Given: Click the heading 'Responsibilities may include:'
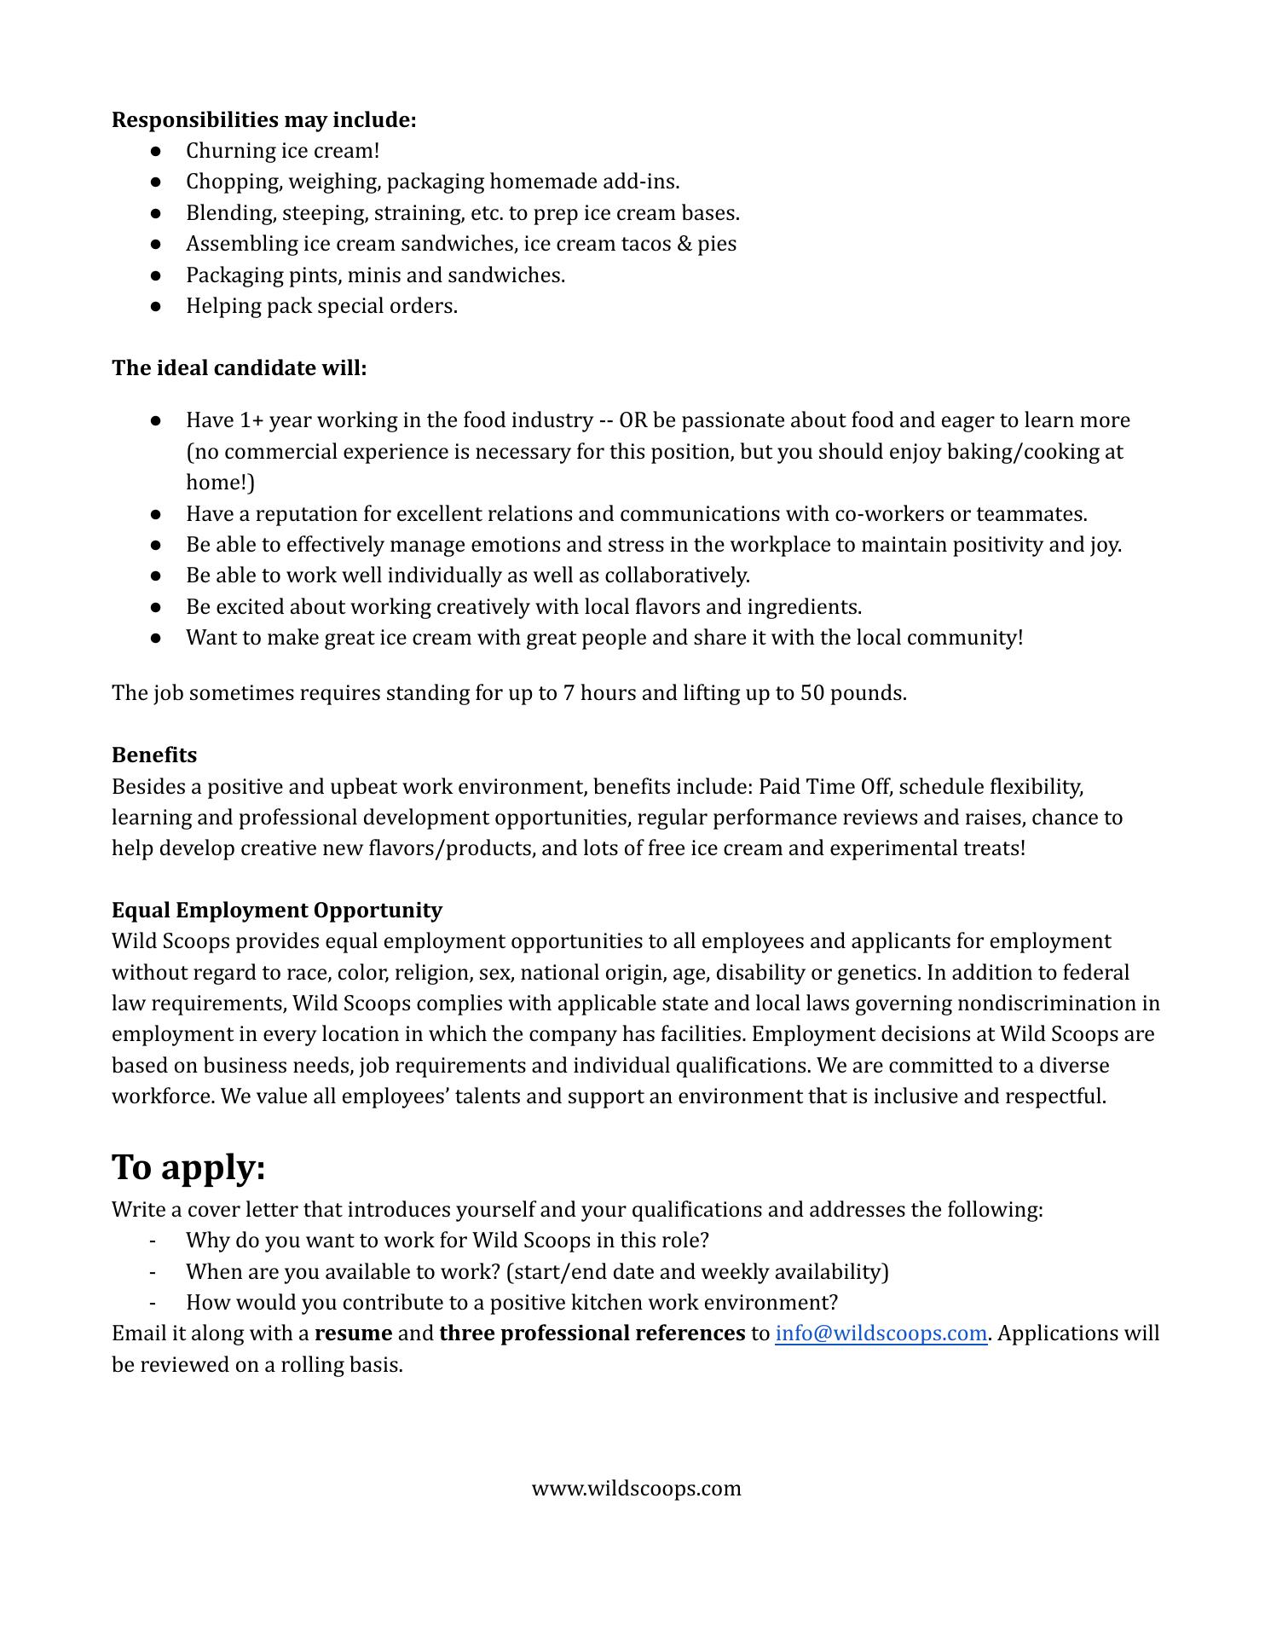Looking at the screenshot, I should point(263,120).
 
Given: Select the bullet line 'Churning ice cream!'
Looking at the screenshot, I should point(282,151).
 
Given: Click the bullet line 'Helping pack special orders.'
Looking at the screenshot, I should point(321,306).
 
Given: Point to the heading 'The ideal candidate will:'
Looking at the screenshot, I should point(239,368).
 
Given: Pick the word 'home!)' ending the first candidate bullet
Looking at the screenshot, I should point(220,483).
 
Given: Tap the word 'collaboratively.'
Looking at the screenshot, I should point(677,576).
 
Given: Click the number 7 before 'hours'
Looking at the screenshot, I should point(569,693).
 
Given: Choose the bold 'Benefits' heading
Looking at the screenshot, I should point(154,755).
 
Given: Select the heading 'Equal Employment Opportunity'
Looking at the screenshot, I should point(276,911).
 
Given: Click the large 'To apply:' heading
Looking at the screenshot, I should point(188,1166).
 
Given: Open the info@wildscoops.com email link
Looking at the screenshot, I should point(881,1333).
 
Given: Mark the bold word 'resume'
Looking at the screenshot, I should point(353,1333).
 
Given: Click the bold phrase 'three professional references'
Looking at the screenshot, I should point(592,1333).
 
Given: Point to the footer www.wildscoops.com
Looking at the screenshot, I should point(636,1489).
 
